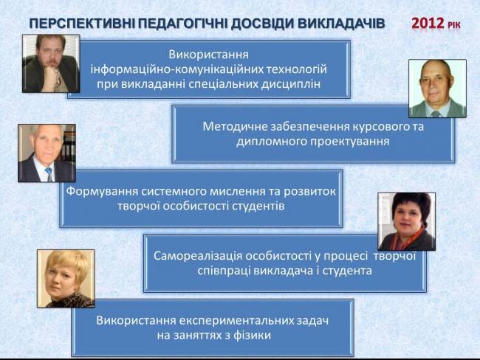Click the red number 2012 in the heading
(428, 24)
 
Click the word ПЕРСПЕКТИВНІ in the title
(83, 24)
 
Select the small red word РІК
(453, 25)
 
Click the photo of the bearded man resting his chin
(51, 63)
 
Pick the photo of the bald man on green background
(437, 89)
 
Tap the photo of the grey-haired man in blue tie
(47, 153)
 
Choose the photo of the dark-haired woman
(407, 221)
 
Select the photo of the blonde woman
(66, 278)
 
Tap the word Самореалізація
(198, 256)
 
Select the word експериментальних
(236, 321)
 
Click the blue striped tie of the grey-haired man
(49, 174)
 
